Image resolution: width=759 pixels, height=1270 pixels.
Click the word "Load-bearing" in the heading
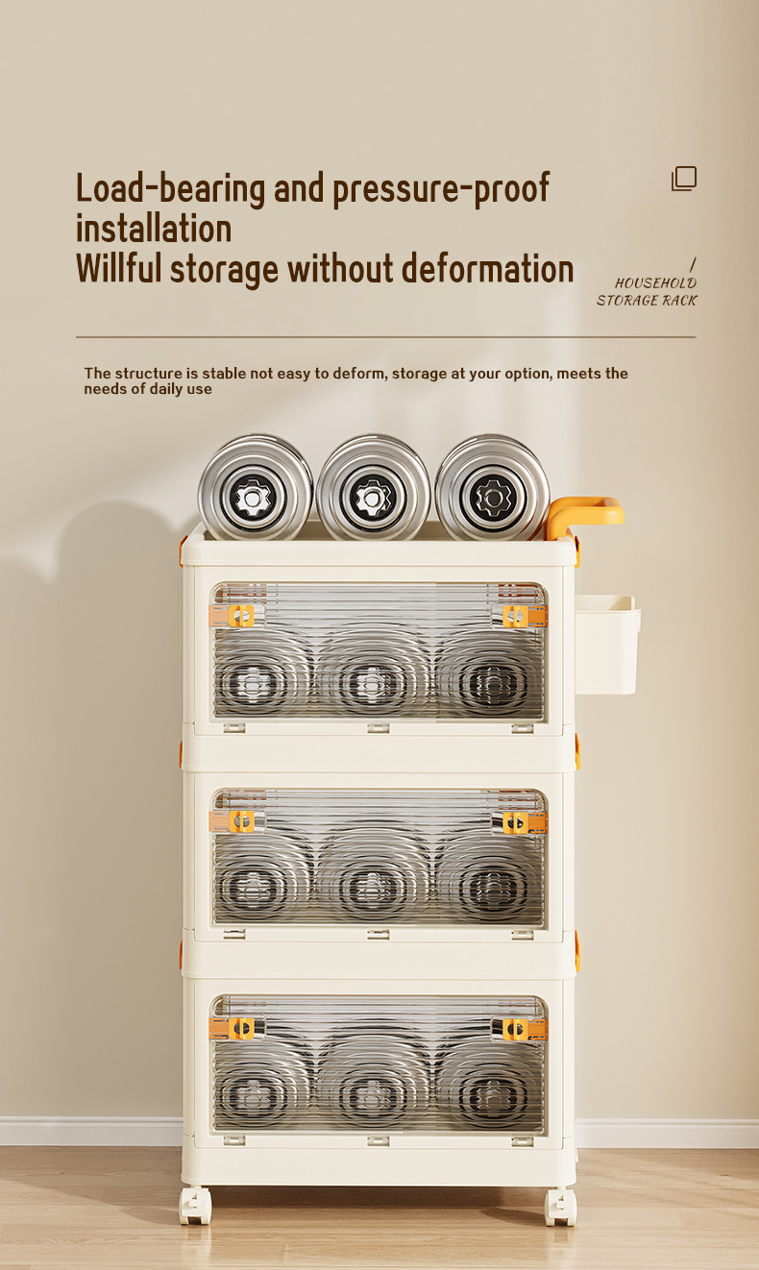coord(170,189)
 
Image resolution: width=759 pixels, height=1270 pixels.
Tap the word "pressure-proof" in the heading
coord(441,189)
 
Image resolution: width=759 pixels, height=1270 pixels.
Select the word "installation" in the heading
coord(154,229)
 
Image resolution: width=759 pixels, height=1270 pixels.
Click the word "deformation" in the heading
coord(487,268)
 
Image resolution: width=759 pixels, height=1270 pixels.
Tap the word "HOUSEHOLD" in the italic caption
coord(655,282)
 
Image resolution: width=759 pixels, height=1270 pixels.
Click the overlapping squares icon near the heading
coord(684,179)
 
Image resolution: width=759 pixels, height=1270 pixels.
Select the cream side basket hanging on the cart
coord(607,645)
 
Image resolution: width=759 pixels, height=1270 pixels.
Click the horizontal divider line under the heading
coord(386,337)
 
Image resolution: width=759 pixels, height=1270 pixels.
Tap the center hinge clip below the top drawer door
coord(379,728)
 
